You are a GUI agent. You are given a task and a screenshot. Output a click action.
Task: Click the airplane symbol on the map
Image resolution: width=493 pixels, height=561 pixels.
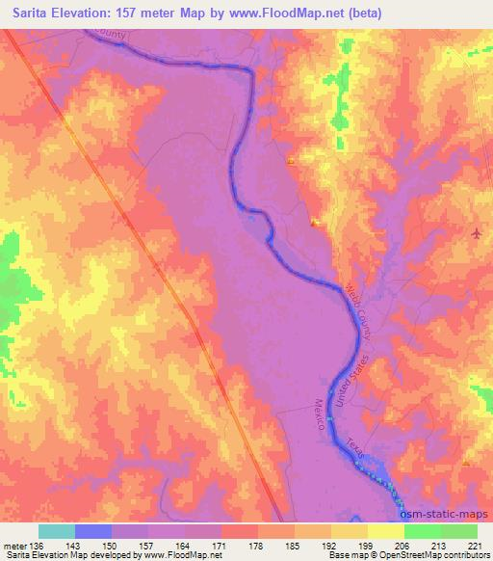(x=477, y=233)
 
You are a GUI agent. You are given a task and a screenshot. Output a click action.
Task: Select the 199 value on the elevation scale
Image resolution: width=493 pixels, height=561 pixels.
(x=368, y=545)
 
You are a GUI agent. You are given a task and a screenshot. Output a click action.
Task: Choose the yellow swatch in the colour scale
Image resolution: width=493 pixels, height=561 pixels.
(x=386, y=531)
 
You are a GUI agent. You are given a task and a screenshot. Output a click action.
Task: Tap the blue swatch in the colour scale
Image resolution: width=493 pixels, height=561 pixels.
(x=93, y=531)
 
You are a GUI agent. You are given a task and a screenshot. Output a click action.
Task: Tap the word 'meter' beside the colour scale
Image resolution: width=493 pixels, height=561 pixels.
(x=13, y=545)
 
